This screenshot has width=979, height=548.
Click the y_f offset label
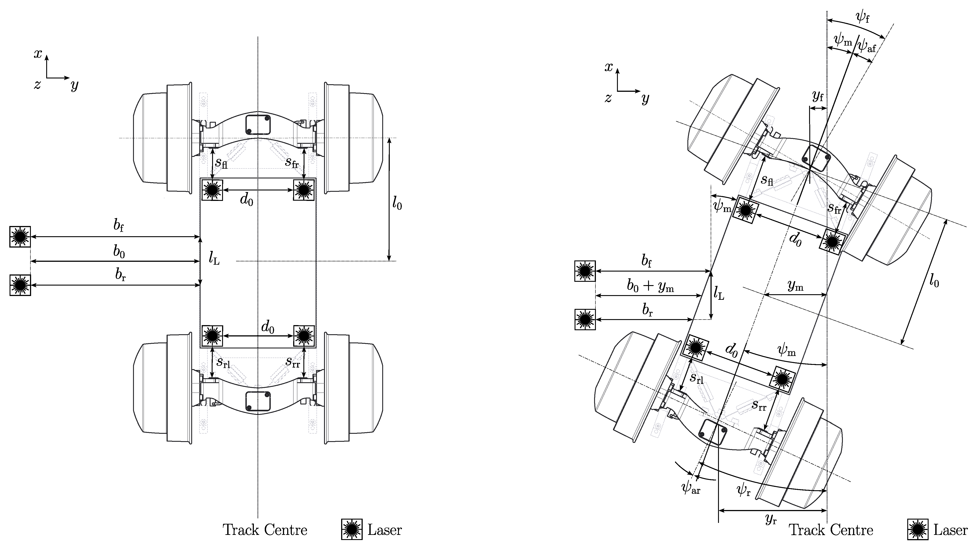coord(818,97)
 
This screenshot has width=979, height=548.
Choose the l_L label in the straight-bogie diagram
coord(214,259)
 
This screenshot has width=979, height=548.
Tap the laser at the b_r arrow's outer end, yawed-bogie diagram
coord(585,319)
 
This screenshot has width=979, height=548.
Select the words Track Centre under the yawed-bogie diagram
coord(831,530)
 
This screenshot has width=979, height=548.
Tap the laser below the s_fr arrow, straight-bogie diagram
coord(304,189)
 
